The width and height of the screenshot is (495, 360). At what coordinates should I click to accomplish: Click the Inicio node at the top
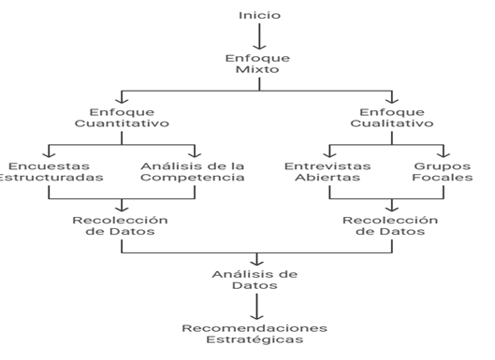pos(259,15)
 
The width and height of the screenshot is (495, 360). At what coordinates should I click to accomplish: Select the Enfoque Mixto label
pos(257,64)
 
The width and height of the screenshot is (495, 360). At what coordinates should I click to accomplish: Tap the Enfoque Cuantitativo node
pos(122,118)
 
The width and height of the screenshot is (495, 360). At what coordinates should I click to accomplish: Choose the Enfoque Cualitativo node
pos(392,118)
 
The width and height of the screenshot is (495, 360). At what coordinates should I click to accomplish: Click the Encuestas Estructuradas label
pos(50,172)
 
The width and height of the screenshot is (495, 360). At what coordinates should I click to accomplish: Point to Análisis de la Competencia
pos(193,172)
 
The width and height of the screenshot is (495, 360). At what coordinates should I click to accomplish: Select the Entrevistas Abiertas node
pos(328,172)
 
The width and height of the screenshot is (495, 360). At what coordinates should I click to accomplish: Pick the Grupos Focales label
pos(443,172)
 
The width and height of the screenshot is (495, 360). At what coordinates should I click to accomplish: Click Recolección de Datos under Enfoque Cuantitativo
pos(121,225)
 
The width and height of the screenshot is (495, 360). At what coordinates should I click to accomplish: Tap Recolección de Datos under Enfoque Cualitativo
pos(390,225)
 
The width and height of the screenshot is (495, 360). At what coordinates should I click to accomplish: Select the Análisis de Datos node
pos(255,280)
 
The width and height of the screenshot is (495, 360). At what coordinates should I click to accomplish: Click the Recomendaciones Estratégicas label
pos(255,334)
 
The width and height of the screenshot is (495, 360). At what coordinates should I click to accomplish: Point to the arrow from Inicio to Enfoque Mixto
pos(259,36)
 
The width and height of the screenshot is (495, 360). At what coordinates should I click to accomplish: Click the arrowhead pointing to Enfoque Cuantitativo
pos(122,100)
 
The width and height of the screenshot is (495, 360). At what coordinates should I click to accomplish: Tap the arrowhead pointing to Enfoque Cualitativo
pos(392,100)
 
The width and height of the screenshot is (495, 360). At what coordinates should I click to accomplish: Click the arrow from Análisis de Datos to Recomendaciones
pos(256,307)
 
